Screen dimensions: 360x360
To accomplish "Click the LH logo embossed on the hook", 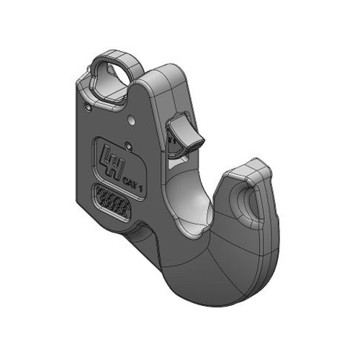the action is (112, 162).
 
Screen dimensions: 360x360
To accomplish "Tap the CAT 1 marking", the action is (132, 184).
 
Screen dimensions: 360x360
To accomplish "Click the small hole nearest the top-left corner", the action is (87, 107).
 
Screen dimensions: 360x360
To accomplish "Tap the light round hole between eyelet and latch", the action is (132, 120).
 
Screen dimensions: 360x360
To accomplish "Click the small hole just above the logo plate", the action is (129, 145).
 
